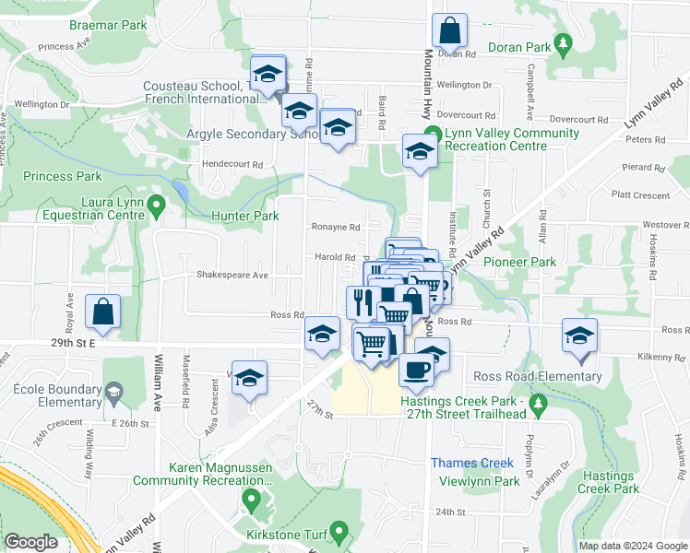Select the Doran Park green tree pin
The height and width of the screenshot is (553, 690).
click(561, 43)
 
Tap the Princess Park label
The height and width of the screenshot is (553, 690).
click(63, 176)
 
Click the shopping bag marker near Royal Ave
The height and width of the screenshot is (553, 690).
click(103, 312)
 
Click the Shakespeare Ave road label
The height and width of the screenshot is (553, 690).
click(232, 275)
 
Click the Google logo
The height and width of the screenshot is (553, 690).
click(31, 542)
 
